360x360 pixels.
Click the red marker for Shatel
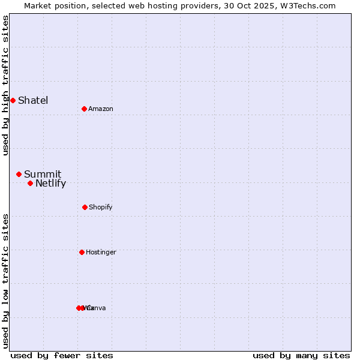pos(13,100)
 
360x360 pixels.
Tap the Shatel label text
pos(33,100)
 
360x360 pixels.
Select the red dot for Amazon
pos(84,109)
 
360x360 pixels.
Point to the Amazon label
pos(101,109)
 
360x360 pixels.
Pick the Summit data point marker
pos(19,174)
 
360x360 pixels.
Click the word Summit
pos(43,175)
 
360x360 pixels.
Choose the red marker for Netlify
pos(30,183)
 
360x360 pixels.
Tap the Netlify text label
pos(50,184)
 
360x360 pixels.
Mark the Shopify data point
pos(85,207)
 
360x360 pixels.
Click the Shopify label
pos(101,207)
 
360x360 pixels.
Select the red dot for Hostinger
pos(82,252)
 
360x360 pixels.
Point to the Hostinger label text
pos(101,252)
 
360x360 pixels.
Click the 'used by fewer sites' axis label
pos(62,355)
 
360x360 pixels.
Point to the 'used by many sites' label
pos(301,355)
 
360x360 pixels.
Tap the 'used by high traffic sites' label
pos(5,85)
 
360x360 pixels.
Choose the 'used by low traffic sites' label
pos(5,281)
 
